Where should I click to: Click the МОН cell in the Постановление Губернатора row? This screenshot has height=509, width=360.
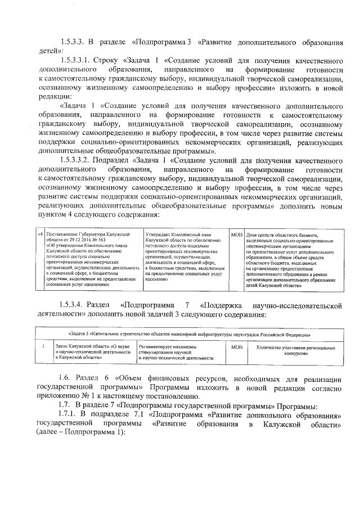(x=237, y=233)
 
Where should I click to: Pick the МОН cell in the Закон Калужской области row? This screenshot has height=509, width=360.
(x=237, y=347)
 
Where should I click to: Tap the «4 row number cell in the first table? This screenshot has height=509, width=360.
(x=40, y=233)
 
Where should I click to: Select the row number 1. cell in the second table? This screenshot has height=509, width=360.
(x=43, y=346)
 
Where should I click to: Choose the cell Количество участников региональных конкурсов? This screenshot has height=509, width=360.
(x=290, y=350)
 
